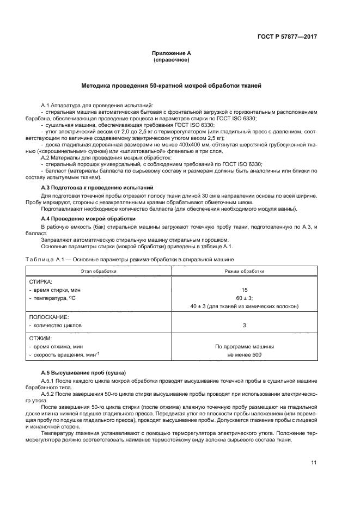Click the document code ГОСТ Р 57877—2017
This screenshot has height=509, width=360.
(x=286, y=37)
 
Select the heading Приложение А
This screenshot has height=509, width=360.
(x=172, y=53)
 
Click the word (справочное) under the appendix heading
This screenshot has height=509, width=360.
(x=172, y=60)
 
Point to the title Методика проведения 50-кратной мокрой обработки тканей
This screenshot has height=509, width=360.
(x=172, y=86)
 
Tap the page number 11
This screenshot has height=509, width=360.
(x=314, y=463)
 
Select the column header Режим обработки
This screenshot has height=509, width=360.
(x=244, y=271)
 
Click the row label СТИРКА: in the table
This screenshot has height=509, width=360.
(x=40, y=282)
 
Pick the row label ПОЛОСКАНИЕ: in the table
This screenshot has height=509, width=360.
(x=49, y=316)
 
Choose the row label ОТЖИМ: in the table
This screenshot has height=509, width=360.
(x=40, y=338)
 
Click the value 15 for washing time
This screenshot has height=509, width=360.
(x=244, y=290)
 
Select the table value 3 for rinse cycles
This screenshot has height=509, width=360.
(x=244, y=325)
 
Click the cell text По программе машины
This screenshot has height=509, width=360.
(x=244, y=346)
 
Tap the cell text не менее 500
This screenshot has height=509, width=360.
(x=244, y=354)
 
